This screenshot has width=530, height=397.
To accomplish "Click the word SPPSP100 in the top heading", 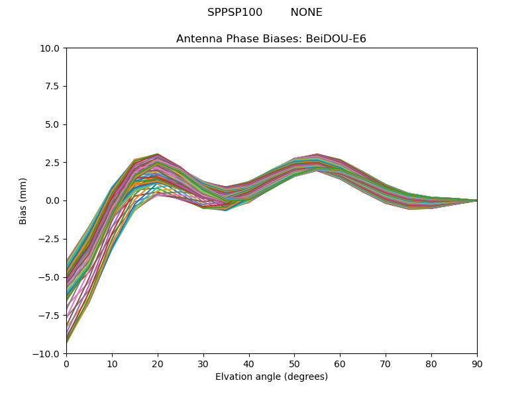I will (x=235, y=13).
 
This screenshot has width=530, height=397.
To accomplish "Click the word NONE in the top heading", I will (x=306, y=13).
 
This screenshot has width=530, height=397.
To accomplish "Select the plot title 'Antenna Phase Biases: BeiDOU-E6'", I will (x=271, y=39).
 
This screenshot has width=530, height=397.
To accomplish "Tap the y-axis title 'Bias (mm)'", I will (x=23, y=200).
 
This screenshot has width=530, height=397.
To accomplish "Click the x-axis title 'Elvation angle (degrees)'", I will (x=271, y=377).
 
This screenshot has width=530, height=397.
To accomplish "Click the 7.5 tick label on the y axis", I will (x=52, y=86).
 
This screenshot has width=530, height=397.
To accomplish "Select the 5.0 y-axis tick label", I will (x=52, y=124).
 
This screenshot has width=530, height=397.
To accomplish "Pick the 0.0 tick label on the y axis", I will (x=52, y=200).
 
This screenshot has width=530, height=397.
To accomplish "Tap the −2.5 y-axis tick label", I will (x=50, y=239).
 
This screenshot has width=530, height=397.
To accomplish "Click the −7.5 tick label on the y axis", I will (x=50, y=315).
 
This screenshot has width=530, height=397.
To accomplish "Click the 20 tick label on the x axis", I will (x=158, y=363).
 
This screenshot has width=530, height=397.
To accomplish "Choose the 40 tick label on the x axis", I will (x=248, y=363).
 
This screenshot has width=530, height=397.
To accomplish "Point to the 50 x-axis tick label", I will (x=294, y=363).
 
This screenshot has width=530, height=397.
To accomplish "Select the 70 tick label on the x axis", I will (x=386, y=363).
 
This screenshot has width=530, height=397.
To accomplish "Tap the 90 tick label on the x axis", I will (x=476, y=363).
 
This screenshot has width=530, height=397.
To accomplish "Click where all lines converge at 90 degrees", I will (x=476, y=200).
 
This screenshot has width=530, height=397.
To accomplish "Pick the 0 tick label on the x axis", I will (x=66, y=363).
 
